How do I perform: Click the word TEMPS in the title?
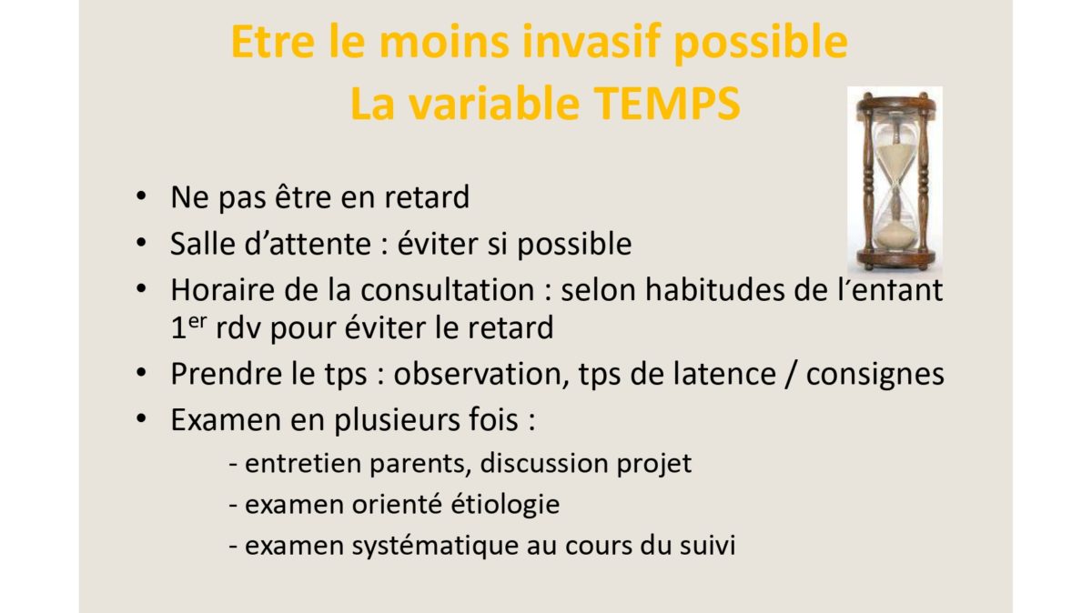tap(667, 104)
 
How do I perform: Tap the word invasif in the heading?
tap(591, 42)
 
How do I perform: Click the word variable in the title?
tap(494, 104)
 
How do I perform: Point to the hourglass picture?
tap(895, 179)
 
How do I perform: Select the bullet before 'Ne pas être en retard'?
tap(141, 196)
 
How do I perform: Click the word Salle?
tap(203, 243)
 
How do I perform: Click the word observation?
tap(481, 374)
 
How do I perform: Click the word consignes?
tap(875, 374)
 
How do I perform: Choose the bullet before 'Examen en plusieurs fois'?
tap(141, 418)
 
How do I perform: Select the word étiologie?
tap(505, 504)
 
